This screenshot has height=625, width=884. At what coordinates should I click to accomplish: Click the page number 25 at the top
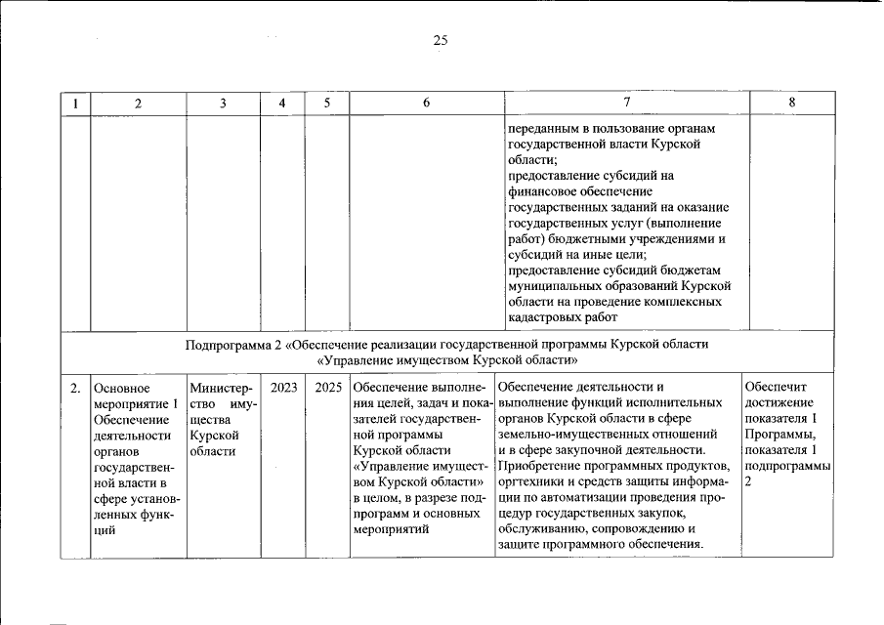[441, 40]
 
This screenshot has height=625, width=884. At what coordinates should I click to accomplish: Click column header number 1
[74, 104]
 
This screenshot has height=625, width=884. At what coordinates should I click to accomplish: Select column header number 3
[224, 104]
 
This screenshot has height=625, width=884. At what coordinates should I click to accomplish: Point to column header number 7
[626, 104]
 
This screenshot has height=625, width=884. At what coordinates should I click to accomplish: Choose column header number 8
[791, 104]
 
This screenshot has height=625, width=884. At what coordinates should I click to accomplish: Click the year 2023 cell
[284, 388]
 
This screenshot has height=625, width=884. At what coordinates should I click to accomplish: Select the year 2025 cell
[328, 388]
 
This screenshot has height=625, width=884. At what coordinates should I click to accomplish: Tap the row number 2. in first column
[74, 388]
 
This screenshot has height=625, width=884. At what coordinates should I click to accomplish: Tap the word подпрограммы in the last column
[787, 466]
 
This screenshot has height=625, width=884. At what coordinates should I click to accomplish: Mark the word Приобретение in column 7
[543, 466]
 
